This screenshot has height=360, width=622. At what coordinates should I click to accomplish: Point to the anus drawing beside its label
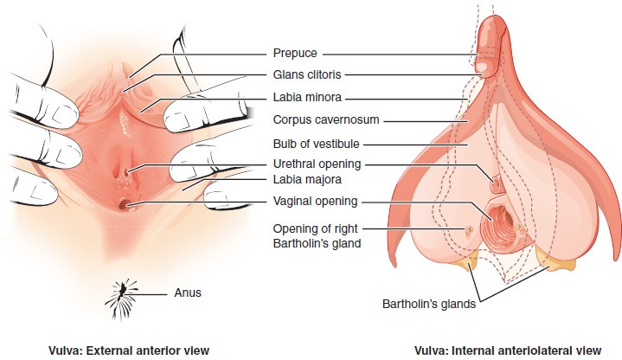125,294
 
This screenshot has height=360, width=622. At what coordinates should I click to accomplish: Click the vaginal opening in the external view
127,204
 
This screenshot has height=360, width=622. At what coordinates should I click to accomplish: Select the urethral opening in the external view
128,172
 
